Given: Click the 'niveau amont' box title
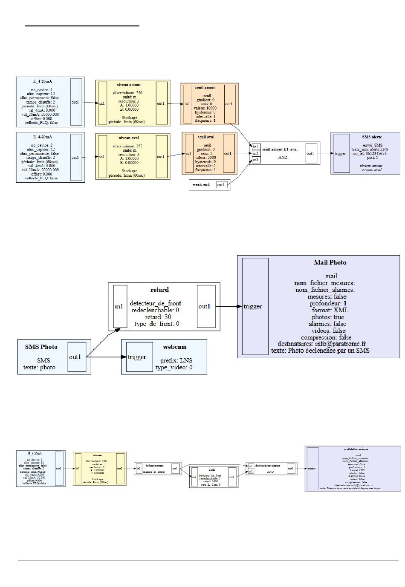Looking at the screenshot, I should click(128, 85).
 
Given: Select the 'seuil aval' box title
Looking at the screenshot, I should click(206, 137).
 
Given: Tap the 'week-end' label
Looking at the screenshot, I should click(201, 185).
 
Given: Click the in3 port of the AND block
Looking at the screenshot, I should click(255, 160).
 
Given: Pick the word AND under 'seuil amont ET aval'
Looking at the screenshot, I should click(283, 157).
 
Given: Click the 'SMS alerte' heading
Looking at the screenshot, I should click(372, 137).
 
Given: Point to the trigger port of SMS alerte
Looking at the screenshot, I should click(341, 153).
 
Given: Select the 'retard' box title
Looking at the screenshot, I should click(159, 290).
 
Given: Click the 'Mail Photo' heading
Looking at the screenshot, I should click(330, 262).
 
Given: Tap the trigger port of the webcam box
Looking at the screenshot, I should click(137, 357).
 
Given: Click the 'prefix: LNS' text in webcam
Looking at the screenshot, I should click(176, 360).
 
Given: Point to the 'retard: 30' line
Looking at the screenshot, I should click(158, 317).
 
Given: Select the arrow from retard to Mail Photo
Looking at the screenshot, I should click(228, 306).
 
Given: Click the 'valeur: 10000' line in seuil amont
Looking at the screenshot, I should click(205, 108).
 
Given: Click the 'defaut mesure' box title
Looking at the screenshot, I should click(154, 466).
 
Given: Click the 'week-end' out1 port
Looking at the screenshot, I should click(221, 185).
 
